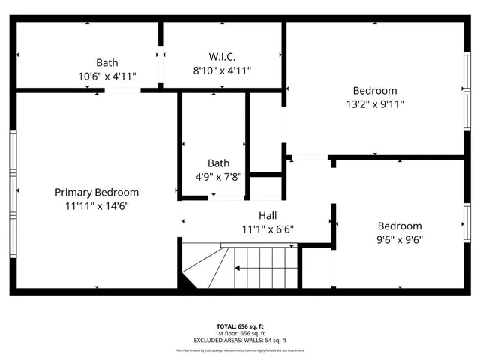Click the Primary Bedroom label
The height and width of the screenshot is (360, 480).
97,193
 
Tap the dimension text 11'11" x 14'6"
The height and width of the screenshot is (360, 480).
97,207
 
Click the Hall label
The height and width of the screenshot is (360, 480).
268,215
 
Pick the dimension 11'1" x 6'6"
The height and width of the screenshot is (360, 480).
268,229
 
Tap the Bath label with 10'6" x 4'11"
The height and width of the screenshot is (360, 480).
106,63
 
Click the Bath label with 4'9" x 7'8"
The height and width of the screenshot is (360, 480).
218,163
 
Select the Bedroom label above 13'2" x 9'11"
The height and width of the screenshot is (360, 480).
376,91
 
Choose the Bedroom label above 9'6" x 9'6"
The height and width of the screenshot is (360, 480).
399,226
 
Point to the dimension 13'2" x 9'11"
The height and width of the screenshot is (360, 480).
376,105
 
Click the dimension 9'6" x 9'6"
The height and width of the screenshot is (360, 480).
399,240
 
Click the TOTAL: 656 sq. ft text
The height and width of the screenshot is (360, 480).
240,326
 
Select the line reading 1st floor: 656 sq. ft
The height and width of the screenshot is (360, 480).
240,333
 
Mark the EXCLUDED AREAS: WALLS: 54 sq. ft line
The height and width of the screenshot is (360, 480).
240,340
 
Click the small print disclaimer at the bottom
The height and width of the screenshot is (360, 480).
240,350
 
